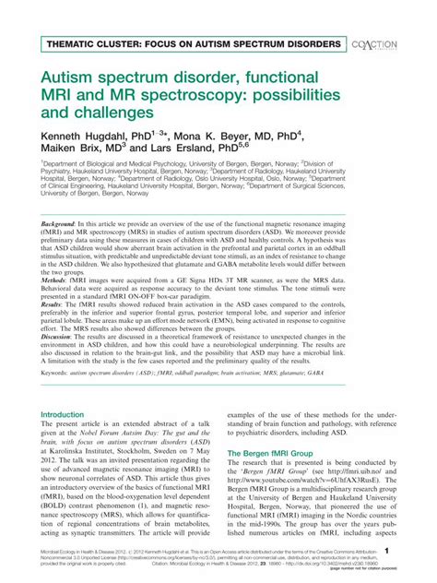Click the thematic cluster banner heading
190,44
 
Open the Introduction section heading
63,414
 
